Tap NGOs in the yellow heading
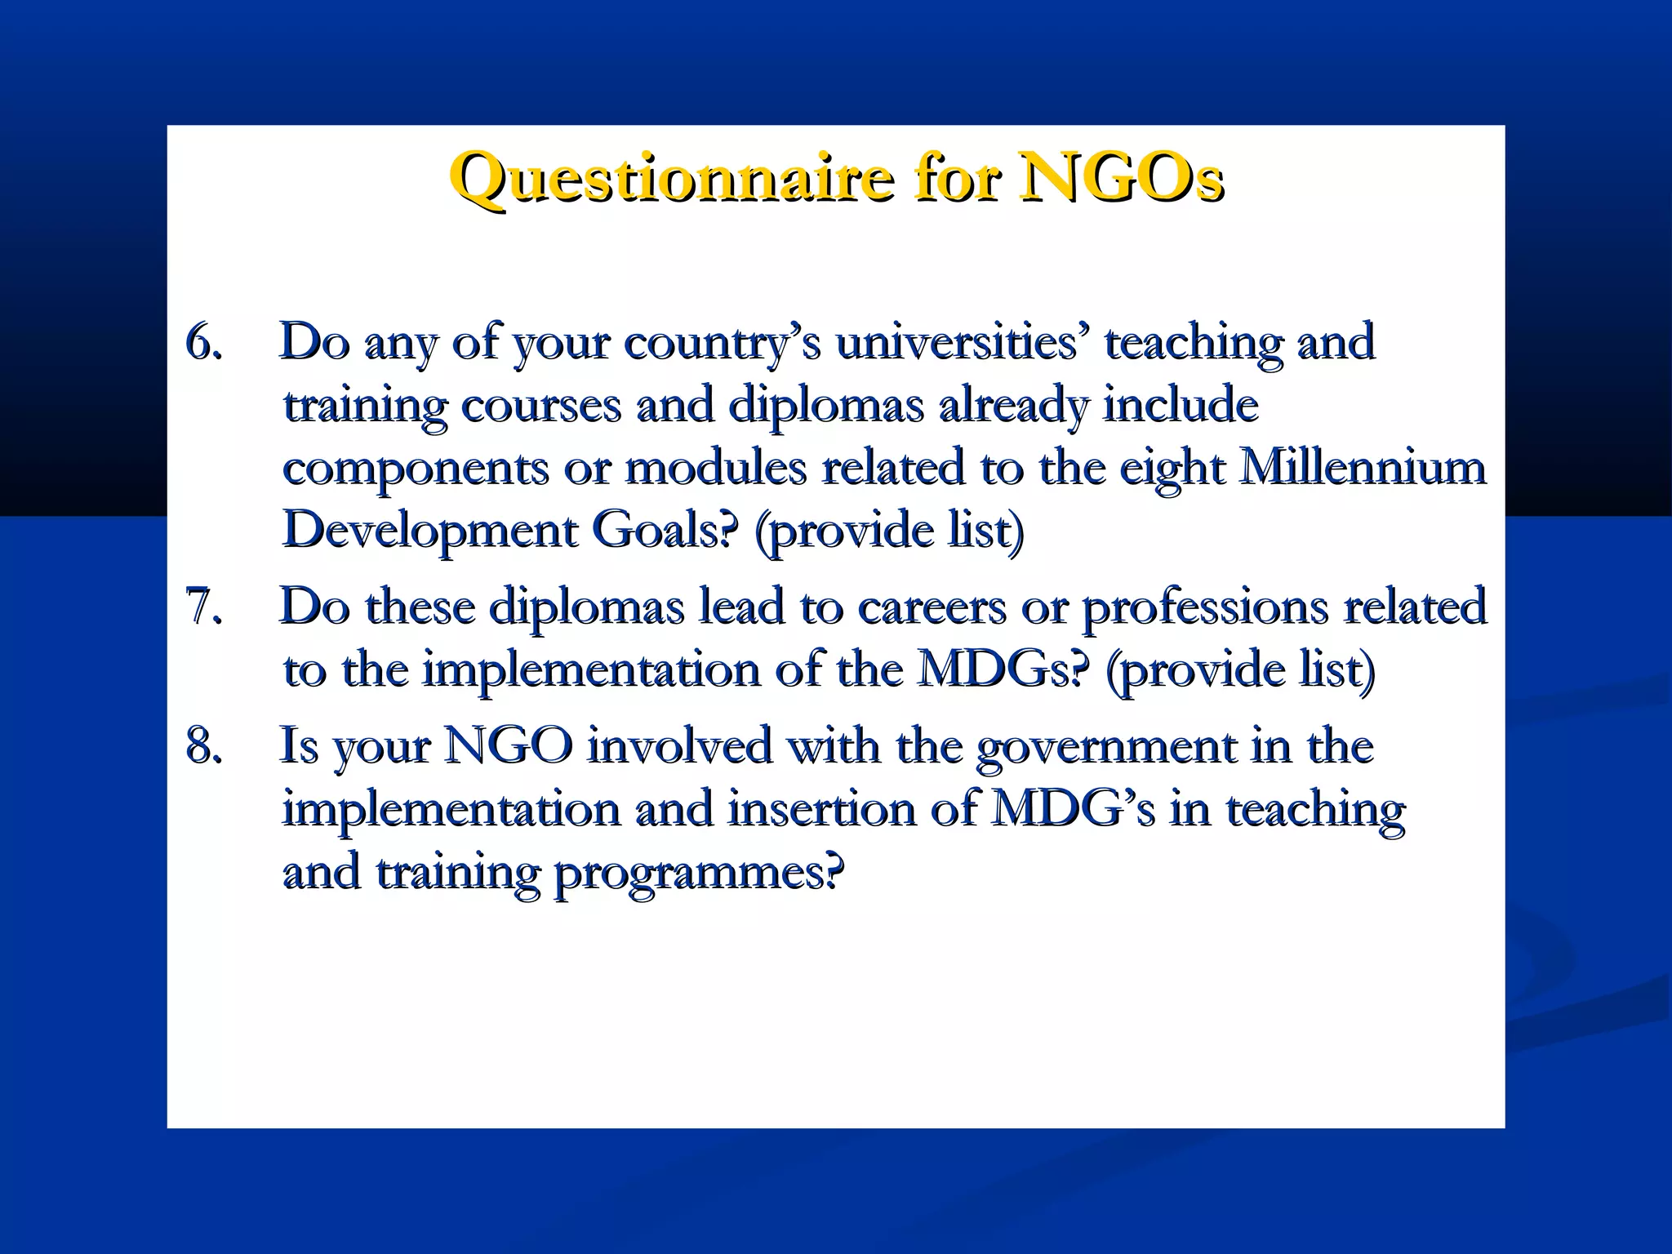[1120, 177]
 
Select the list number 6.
[203, 342]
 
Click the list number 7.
[203, 607]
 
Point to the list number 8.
[203, 746]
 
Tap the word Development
[429, 531]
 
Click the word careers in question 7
[932, 607]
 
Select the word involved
[679, 746]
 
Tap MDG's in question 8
[1073, 809]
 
